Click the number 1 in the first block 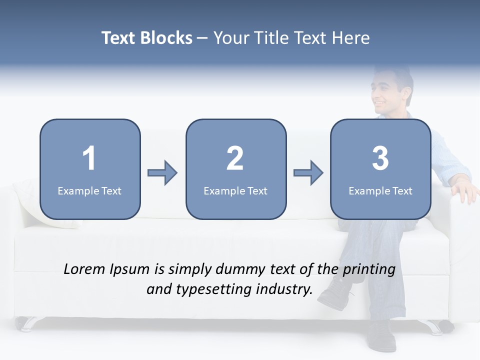(x=89, y=158)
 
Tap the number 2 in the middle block (x=235, y=158)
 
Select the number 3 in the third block (x=380, y=158)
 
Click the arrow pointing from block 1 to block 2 (x=162, y=173)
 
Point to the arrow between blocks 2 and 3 (x=308, y=173)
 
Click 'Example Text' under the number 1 (x=89, y=190)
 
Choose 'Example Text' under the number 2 (x=235, y=190)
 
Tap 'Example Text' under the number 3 (x=380, y=190)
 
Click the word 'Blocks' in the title (x=166, y=38)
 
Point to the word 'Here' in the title (x=352, y=38)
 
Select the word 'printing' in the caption (x=369, y=270)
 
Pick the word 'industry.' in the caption (x=284, y=289)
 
